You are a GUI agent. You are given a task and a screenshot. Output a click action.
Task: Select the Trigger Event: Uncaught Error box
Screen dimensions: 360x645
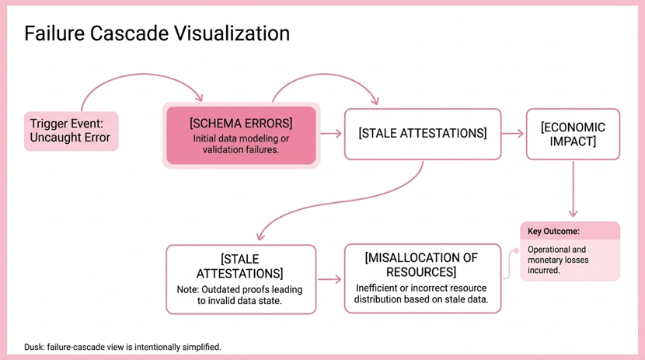click(x=71, y=131)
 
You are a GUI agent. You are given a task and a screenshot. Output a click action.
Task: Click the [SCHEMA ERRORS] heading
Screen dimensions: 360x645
click(x=241, y=124)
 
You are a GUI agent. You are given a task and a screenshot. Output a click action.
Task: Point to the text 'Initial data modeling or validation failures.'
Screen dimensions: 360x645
click(x=241, y=144)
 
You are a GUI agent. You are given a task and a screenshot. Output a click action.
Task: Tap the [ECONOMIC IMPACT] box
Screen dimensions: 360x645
click(x=573, y=134)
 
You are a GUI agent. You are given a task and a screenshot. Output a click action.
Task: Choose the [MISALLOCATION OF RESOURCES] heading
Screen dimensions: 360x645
click(x=421, y=265)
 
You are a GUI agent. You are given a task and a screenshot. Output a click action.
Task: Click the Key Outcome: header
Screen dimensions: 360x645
click(x=554, y=231)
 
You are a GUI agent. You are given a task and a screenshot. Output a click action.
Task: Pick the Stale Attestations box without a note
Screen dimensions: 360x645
click(x=422, y=134)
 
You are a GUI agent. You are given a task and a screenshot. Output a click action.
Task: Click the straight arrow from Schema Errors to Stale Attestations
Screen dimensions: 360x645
click(x=331, y=134)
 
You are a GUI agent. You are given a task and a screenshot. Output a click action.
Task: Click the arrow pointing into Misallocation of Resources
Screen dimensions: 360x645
click(x=329, y=279)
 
